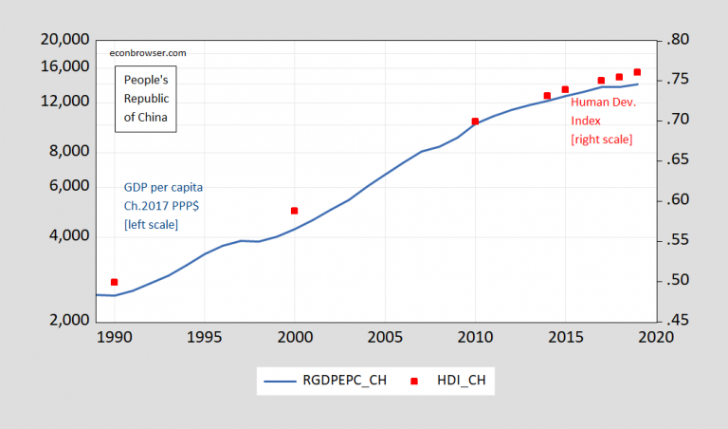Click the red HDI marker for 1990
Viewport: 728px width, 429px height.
coord(115,282)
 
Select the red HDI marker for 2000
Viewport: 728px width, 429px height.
coord(295,211)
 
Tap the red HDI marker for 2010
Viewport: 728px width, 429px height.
coord(475,121)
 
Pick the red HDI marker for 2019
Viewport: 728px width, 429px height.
coord(637,72)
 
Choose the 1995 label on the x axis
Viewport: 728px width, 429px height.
coord(204,337)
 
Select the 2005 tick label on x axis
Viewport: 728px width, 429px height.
coord(384,337)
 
